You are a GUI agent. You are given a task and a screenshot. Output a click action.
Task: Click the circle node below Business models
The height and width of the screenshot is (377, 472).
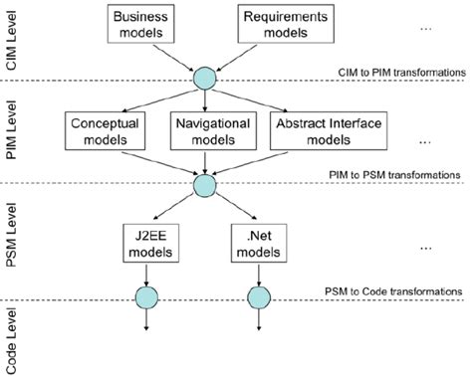click(x=204, y=79)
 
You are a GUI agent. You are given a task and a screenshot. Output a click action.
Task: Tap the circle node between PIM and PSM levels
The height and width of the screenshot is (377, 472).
click(x=204, y=185)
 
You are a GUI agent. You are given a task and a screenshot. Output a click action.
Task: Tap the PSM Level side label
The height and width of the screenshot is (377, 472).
click(x=14, y=242)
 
